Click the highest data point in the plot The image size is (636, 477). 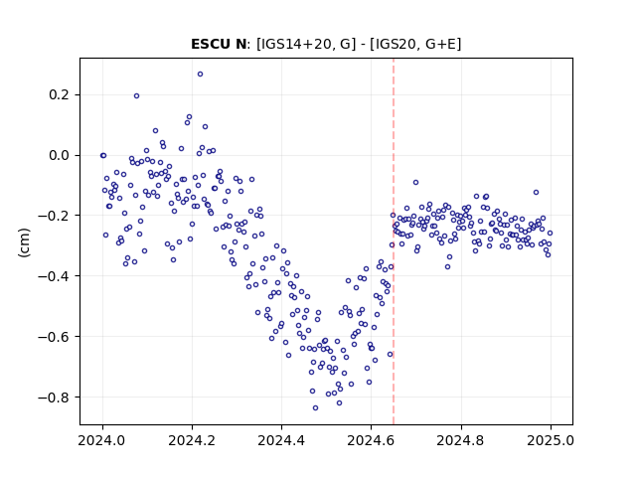tap(200, 75)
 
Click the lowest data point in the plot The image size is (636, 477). tap(315, 408)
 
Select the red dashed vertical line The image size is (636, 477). tap(394, 241)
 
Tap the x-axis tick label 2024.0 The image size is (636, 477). tap(102, 440)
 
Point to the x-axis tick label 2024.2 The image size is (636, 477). tap(192, 440)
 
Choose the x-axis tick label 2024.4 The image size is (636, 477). tap(281, 440)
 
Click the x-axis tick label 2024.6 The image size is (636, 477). tap(371, 440)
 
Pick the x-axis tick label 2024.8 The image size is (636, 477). tap(461, 440)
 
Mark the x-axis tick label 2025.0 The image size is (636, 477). tap(551, 440)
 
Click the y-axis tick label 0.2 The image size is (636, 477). tap(60, 95)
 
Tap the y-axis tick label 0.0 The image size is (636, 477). tap(60, 155)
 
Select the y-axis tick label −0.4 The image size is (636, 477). tap(54, 276)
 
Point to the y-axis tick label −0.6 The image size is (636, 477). tap(54, 336)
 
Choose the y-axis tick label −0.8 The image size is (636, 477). tap(54, 397)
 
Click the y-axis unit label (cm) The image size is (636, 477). tap(24, 242)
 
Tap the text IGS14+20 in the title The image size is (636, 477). tap(294, 44)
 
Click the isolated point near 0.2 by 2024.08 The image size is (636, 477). tap(137, 96)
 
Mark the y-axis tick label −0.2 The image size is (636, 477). tap(54, 216)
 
